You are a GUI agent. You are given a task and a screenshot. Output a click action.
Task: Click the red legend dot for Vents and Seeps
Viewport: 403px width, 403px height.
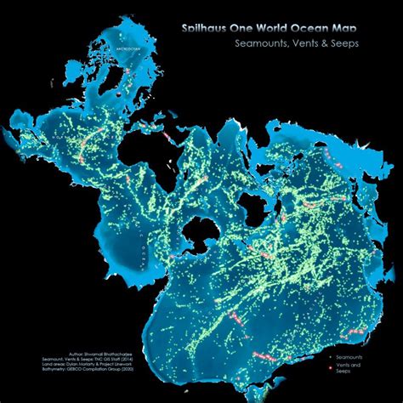click(331, 367)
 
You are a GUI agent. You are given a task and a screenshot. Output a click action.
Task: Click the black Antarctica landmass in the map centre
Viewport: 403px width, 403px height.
click(201, 230)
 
